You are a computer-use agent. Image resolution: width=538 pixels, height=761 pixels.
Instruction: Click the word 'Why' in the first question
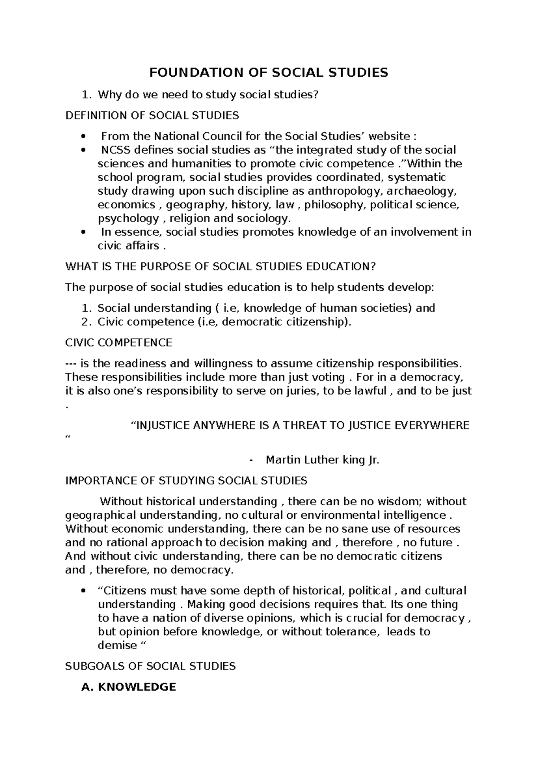point(107,95)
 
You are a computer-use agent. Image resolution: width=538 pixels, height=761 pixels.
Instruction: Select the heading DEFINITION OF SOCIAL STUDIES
point(152,115)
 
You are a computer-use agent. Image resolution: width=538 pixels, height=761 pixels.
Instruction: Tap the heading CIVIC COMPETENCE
point(118,343)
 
